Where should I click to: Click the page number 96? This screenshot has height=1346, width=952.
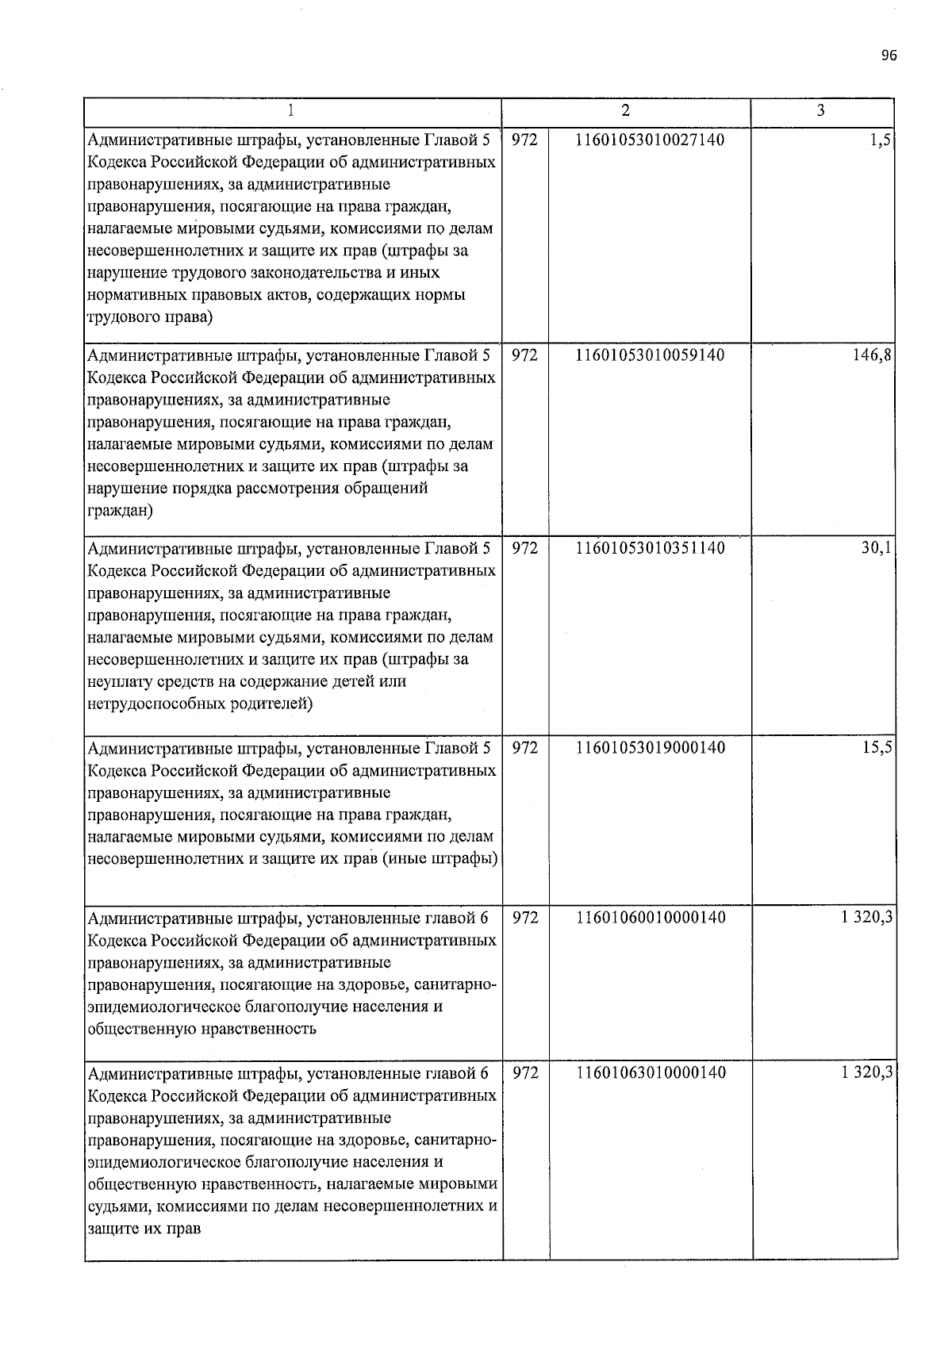point(889,56)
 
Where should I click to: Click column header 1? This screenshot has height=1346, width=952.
point(292,111)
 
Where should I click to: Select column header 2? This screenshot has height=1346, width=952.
point(626,111)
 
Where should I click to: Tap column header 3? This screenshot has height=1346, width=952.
point(821,111)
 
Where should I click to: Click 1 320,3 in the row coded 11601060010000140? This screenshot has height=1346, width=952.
point(867,918)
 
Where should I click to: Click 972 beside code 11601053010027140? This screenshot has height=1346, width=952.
point(525,140)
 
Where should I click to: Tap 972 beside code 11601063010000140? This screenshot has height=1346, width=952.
point(525,1073)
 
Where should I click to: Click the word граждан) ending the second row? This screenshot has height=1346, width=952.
point(120,511)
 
